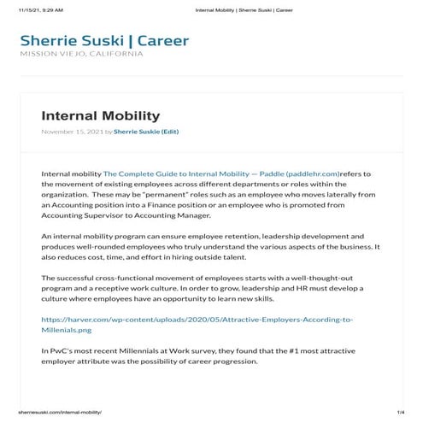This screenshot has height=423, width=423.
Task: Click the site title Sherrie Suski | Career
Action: pos(103,40)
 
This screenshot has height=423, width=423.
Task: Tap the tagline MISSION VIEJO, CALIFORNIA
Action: pos(81,55)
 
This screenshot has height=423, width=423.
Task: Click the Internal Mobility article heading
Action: pos(100,115)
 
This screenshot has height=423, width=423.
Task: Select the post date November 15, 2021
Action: pos(71,132)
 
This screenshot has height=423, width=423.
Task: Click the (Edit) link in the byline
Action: pos(169,132)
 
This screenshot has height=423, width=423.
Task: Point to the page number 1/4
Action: pos(400,412)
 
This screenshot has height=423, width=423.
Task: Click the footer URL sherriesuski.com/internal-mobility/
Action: pos(60,412)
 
